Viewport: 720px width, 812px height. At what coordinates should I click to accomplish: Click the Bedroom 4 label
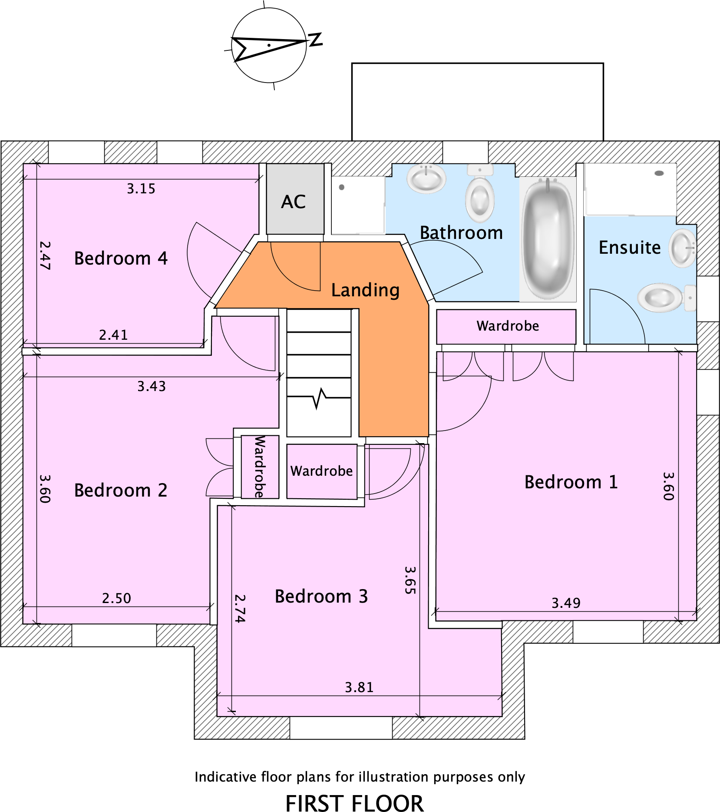[121, 258]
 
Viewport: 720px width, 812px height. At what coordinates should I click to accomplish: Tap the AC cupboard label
[294, 202]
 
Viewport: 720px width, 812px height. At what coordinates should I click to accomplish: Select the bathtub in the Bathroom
[548, 239]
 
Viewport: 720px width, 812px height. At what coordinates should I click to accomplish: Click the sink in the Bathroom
[426, 178]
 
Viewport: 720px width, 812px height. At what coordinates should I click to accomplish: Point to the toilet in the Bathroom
[480, 194]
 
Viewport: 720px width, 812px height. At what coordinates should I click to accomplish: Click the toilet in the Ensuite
[666, 298]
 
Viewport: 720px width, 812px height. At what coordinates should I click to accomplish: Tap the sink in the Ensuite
[682, 248]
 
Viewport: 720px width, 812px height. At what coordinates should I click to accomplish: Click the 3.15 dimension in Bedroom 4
[141, 189]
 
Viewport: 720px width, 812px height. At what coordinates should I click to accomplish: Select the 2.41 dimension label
[113, 335]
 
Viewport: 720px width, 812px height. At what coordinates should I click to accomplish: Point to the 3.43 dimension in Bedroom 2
[152, 386]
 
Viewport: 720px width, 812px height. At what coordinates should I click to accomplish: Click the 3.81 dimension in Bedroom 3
[359, 687]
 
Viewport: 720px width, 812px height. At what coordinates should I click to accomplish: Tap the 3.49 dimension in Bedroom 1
[566, 603]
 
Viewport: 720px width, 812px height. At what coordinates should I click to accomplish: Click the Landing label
[365, 290]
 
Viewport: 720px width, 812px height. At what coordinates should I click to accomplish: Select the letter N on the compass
[316, 40]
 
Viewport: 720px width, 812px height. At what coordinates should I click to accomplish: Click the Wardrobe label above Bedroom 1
[508, 326]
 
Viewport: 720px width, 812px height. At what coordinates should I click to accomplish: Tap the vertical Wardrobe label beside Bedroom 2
[259, 467]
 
